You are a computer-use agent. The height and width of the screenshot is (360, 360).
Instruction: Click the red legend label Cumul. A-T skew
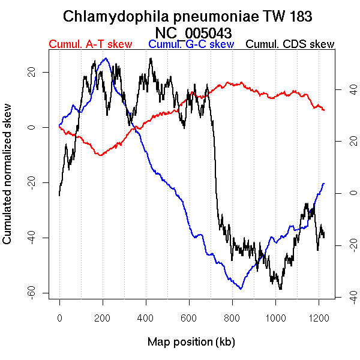pyautogui.click(x=90, y=45)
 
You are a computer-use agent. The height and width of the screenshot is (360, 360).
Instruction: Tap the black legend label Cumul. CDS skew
pyautogui.click(x=290, y=45)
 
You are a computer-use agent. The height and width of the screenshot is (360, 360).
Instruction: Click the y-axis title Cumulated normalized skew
pyautogui.click(x=8, y=181)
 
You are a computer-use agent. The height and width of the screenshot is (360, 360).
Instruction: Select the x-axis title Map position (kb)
pyautogui.click(x=191, y=342)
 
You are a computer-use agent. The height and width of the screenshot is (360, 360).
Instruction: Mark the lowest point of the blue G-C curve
pyautogui.click(x=241, y=289)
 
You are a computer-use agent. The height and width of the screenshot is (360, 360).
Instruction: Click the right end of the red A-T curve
pyautogui.click(x=324, y=110)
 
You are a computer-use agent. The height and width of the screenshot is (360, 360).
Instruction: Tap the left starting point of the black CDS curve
pyautogui.click(x=59, y=195)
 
